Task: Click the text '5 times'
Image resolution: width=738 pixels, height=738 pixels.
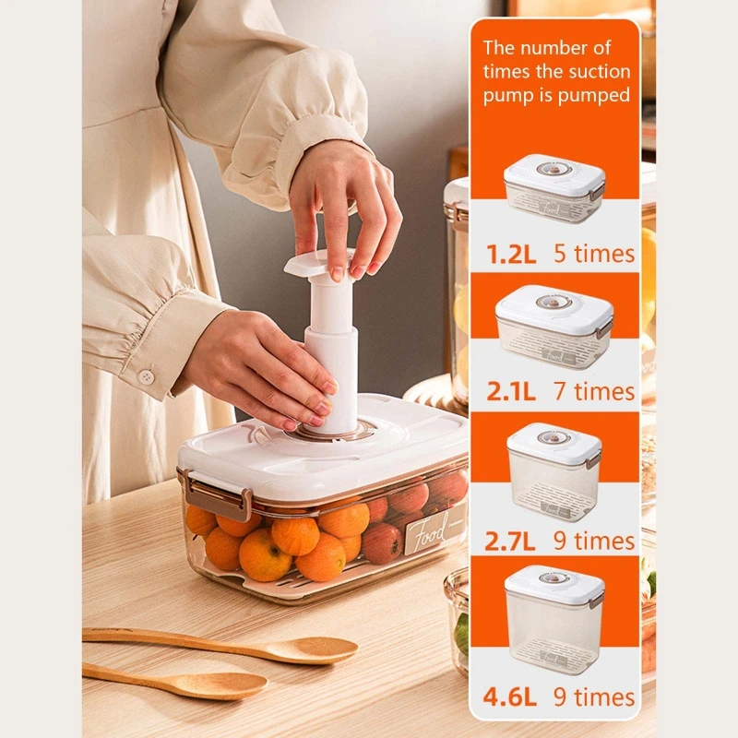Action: point(594,254)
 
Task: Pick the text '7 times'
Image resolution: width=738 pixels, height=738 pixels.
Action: point(594,391)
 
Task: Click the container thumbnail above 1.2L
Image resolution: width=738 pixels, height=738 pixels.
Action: point(553,188)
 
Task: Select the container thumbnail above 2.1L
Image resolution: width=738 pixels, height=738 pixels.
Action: point(554,327)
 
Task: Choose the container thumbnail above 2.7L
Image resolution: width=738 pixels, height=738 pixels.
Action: point(553,470)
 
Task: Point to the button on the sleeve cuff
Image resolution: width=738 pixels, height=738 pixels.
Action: point(145,376)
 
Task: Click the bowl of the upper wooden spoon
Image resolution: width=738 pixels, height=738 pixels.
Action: point(314,650)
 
